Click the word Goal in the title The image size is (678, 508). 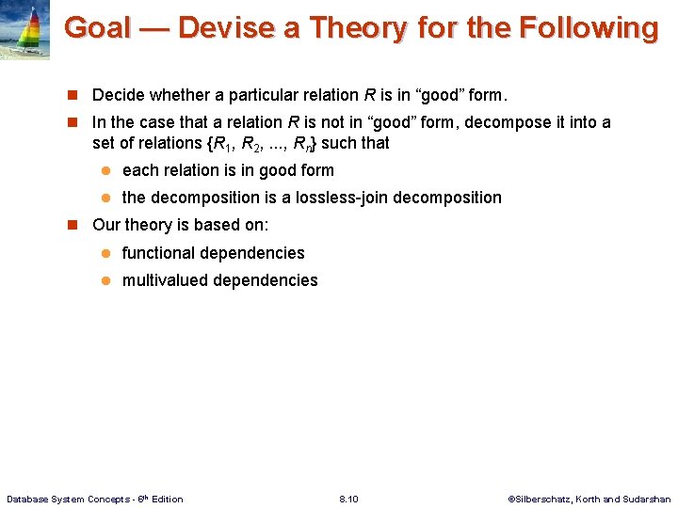pyautogui.click(x=97, y=28)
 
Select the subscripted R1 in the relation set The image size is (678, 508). pyautogui.click(x=220, y=144)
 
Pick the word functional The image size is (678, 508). pyautogui.click(x=161, y=253)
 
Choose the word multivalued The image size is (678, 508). pyautogui.click(x=167, y=280)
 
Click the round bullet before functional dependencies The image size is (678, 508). pyautogui.click(x=106, y=253)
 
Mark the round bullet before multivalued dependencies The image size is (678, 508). pyautogui.click(x=106, y=280)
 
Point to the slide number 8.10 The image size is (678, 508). pyautogui.click(x=348, y=499)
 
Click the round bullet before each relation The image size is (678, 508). pyautogui.click(x=106, y=170)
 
